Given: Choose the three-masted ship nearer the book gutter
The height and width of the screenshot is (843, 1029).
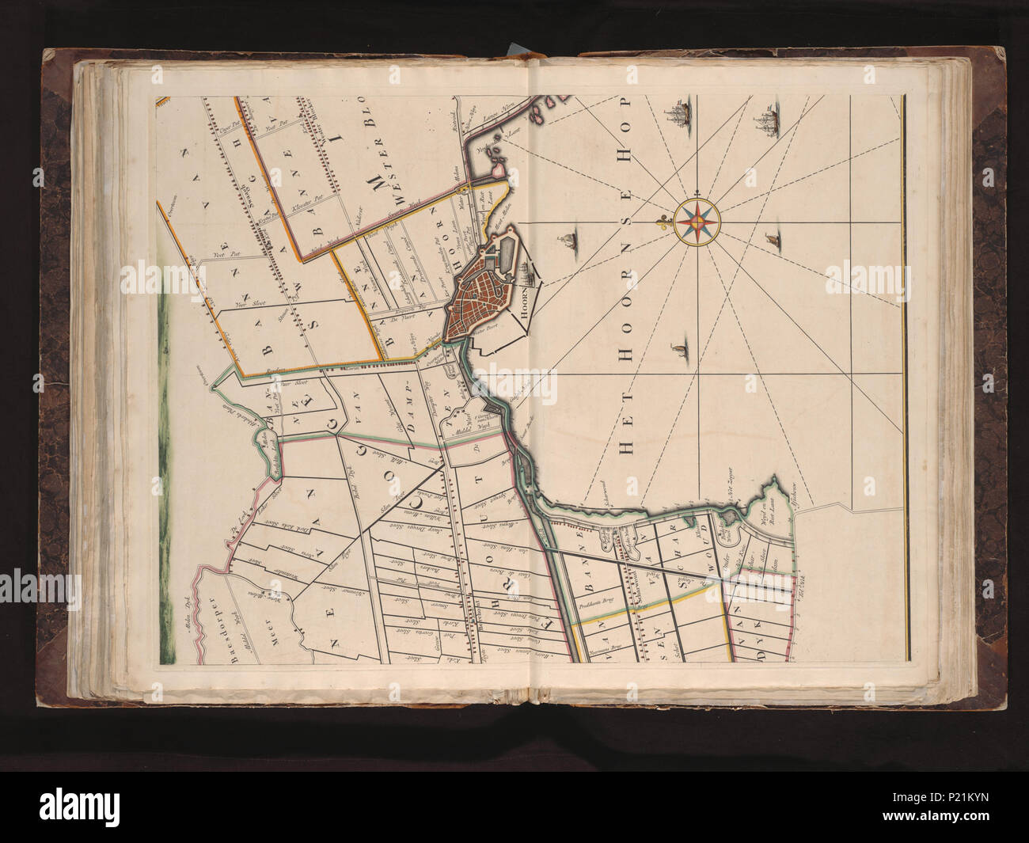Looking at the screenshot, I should (x=679, y=111).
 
